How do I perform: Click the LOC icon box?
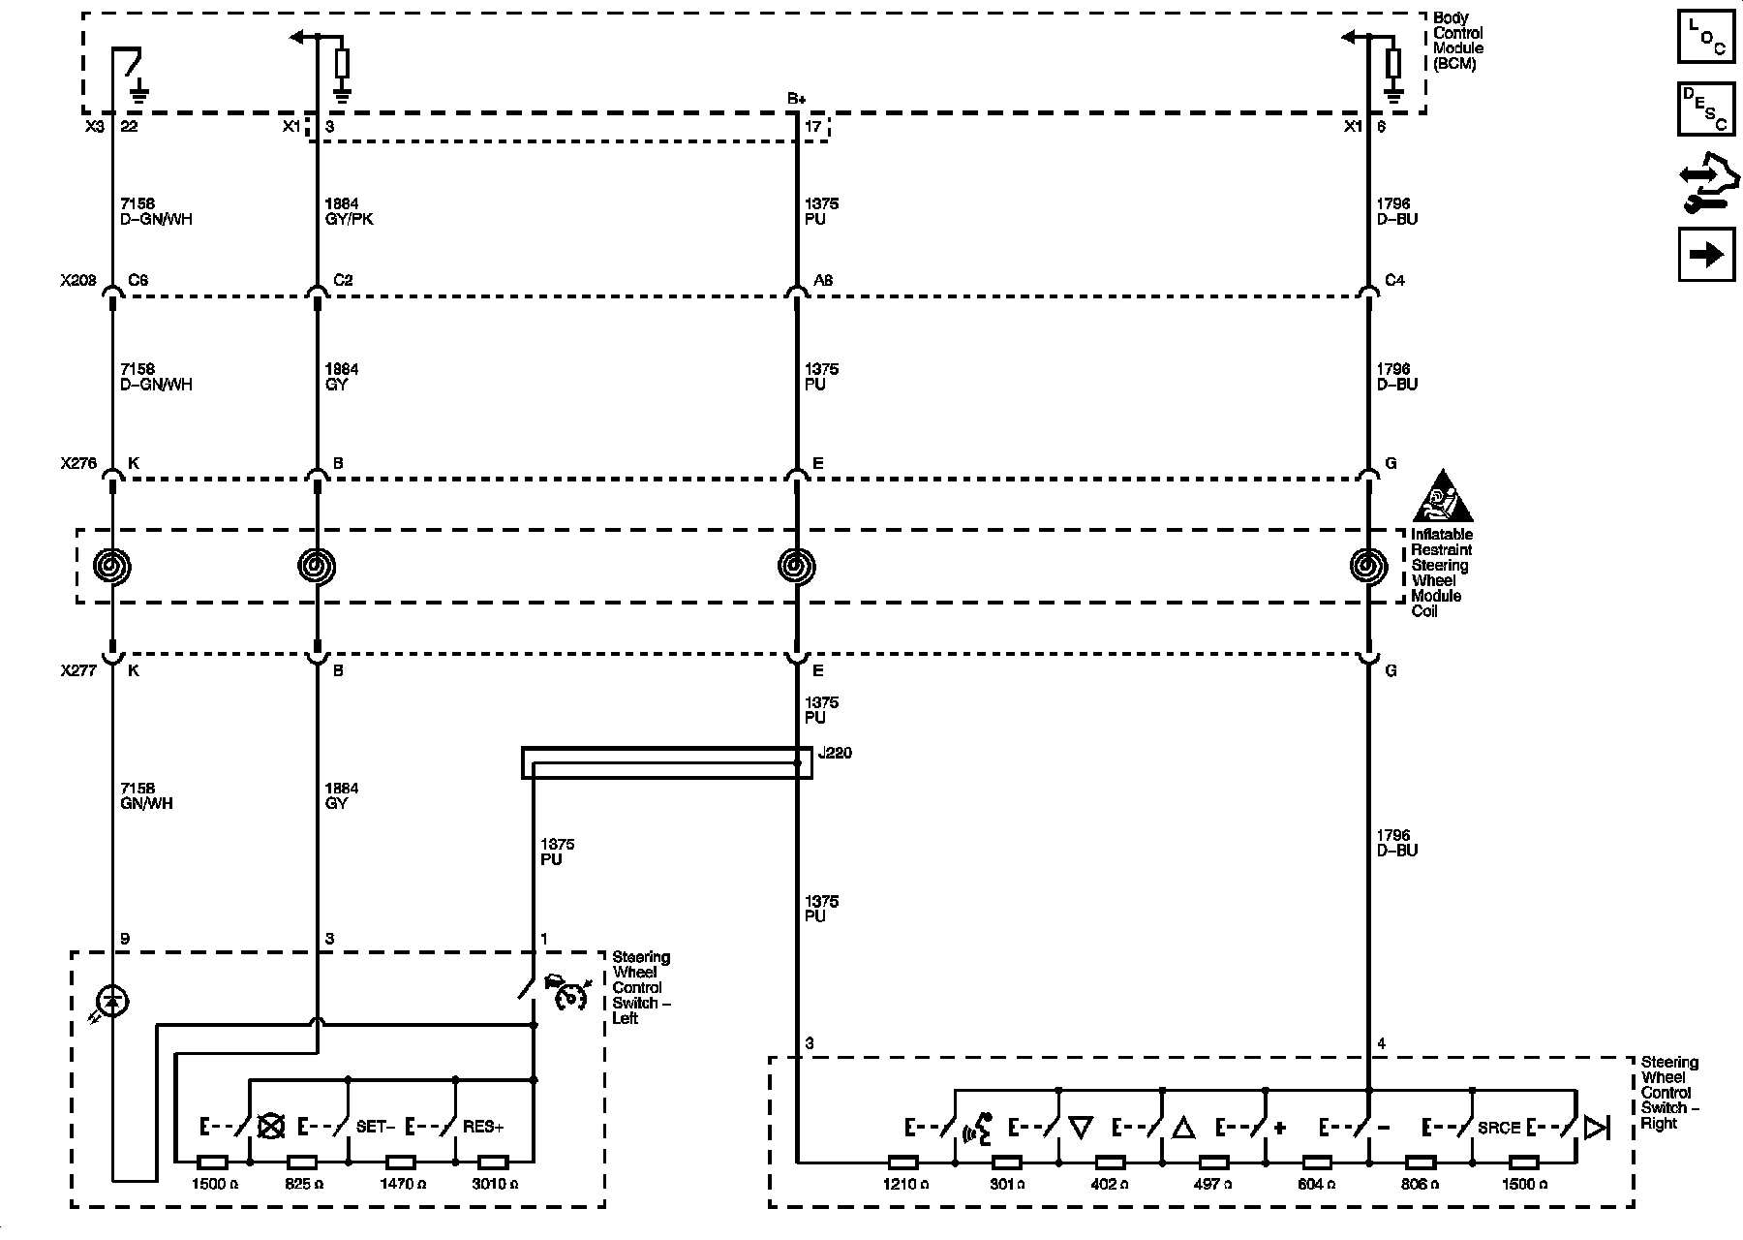(x=1706, y=37)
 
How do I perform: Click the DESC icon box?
(x=1706, y=109)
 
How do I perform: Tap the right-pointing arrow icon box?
(x=1706, y=255)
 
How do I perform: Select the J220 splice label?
(x=835, y=753)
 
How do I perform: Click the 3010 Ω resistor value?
(x=493, y=1184)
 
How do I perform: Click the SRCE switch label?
(x=1498, y=1128)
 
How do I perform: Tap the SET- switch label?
(x=376, y=1128)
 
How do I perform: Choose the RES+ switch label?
(x=483, y=1128)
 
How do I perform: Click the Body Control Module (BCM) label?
(x=1456, y=41)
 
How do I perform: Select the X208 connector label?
(x=78, y=281)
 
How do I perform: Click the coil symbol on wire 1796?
(x=1367, y=567)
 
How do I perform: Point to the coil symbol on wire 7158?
(x=112, y=567)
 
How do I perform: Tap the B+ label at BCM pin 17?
(x=796, y=99)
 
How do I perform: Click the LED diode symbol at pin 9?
(x=112, y=1003)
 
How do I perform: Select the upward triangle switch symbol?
(x=1183, y=1128)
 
